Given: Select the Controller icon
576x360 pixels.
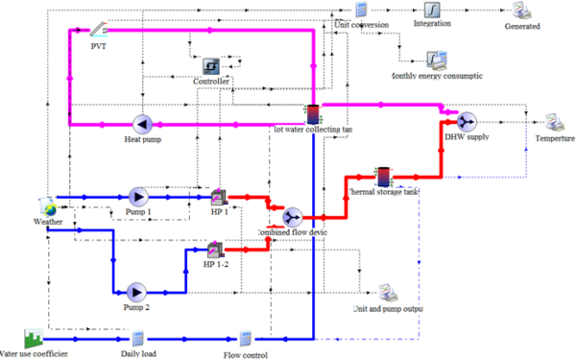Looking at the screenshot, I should coord(211,66).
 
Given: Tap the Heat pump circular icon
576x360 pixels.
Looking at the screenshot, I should coord(142,124).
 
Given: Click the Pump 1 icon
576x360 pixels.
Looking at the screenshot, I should coord(138,196).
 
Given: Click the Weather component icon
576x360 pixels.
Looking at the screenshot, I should coord(47,206).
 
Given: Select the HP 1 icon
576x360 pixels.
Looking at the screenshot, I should coord(219,196).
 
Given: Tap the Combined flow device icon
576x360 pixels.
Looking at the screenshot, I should coord(292,217).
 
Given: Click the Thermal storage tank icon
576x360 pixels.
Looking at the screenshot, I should coord(383,177).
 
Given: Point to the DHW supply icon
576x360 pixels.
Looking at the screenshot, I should coord(467,121).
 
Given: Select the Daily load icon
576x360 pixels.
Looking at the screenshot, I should coord(137,338).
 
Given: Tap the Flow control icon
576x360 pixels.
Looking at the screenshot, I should coord(245,339).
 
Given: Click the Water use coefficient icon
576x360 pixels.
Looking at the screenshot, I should coord(34,338).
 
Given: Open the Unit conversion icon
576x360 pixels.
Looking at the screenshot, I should coord(361,10).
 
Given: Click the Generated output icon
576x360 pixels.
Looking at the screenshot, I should coord(521,11).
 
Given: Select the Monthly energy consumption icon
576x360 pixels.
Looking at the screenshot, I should coord(436,60).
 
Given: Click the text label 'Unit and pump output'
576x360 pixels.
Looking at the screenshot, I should coord(388,309).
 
